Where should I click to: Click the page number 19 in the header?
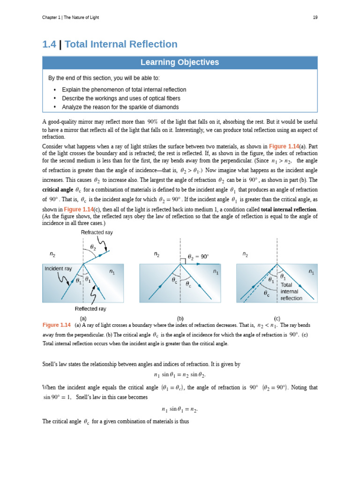tap(315, 17)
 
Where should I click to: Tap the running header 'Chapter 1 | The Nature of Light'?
tap(70, 17)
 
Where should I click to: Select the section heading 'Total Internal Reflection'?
tap(121, 45)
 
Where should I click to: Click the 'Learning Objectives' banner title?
tap(180, 62)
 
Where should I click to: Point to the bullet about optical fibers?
tap(121, 98)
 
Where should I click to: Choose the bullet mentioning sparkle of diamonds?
tap(120, 107)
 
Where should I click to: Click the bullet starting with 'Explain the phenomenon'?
tap(124, 90)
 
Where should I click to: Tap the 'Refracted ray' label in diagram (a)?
tap(97, 232)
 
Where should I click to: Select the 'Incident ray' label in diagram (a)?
tap(58, 269)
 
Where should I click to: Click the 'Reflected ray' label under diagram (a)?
tap(90, 309)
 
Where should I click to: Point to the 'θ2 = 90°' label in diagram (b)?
tap(198, 257)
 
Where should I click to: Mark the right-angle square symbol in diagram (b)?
tap(183, 261)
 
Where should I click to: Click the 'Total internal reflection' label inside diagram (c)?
tap(291, 291)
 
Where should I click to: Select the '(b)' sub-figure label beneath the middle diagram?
tap(180, 318)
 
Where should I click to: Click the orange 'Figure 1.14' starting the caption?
tap(56, 325)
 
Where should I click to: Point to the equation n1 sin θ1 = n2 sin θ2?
tap(180, 375)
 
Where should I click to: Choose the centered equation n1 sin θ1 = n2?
tap(180, 409)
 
